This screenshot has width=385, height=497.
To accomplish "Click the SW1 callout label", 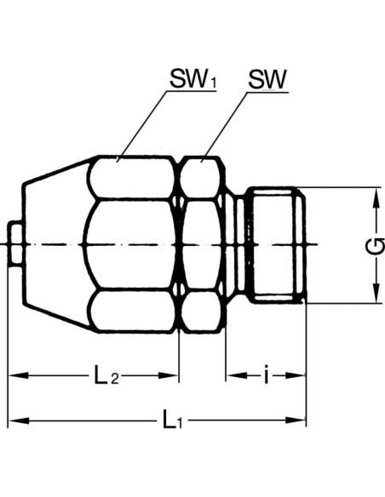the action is (193, 78).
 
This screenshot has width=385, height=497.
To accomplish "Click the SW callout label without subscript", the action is (267, 79).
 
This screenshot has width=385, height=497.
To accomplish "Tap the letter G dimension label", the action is (376, 246).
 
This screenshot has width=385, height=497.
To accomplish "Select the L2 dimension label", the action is (106, 375).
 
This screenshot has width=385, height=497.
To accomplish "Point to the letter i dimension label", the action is (267, 374).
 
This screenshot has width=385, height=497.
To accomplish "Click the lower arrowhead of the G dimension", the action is (376, 293).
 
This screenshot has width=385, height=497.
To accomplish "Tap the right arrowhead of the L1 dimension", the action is (296, 420).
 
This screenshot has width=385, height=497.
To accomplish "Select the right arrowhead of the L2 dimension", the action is (169, 375).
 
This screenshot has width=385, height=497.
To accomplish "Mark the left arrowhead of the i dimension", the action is (237, 375).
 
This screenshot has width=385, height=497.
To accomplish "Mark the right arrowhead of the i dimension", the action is (296, 375).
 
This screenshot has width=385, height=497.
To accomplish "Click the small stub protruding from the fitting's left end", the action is (14, 245).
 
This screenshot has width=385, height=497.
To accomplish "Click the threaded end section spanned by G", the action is (277, 245).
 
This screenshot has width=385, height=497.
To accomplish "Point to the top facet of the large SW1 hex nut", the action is (132, 177).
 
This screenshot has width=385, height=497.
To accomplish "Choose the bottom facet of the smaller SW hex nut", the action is (200, 311).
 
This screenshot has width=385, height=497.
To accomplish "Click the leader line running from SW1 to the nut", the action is (142, 126).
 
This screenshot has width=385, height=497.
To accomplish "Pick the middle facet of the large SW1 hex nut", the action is (130, 245).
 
